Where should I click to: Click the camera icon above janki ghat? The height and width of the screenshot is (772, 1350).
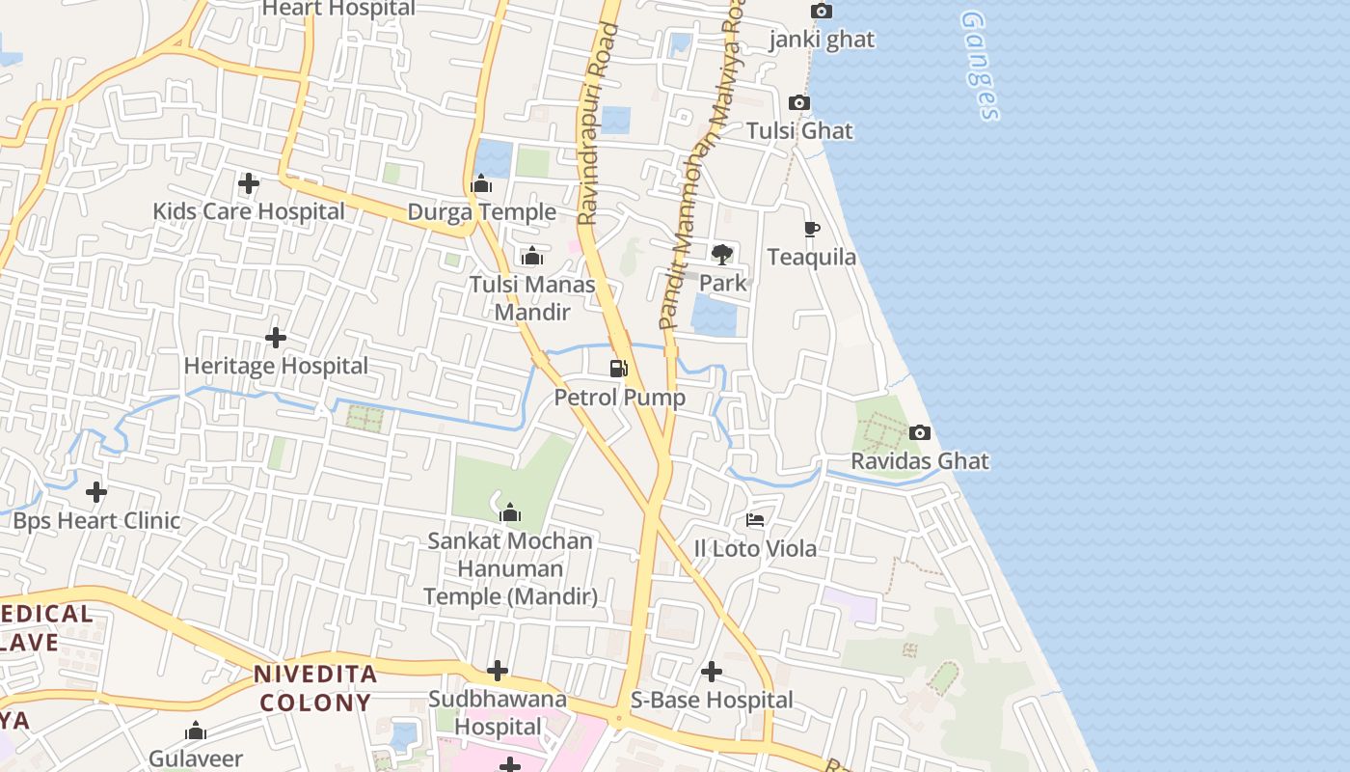822,12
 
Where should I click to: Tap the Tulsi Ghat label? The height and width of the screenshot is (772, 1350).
799,130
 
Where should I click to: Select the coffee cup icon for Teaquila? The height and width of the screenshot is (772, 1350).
812,230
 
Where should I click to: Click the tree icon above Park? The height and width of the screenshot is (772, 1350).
722,255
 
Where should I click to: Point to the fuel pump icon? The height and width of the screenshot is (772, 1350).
619,369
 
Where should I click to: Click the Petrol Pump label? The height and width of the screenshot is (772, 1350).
619,398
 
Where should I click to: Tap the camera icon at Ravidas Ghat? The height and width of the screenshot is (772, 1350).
920,433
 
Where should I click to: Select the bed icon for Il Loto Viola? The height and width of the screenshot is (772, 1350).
755,521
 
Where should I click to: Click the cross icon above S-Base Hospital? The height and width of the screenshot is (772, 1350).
712,672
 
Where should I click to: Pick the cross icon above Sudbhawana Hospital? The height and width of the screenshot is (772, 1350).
498,671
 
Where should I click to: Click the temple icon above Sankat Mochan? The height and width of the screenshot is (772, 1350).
510,513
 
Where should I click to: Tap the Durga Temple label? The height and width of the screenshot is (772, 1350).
481,212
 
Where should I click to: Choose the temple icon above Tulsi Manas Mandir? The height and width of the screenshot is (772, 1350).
531,257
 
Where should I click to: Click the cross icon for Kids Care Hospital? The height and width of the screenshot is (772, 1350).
249,183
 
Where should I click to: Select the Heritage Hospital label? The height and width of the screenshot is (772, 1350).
276,367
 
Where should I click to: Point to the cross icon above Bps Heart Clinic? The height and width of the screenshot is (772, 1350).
96,493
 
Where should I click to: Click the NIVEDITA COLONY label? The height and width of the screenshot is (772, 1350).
314,688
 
